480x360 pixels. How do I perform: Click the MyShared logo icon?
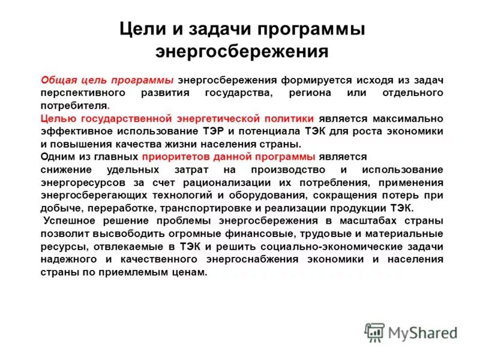coord(375,332)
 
